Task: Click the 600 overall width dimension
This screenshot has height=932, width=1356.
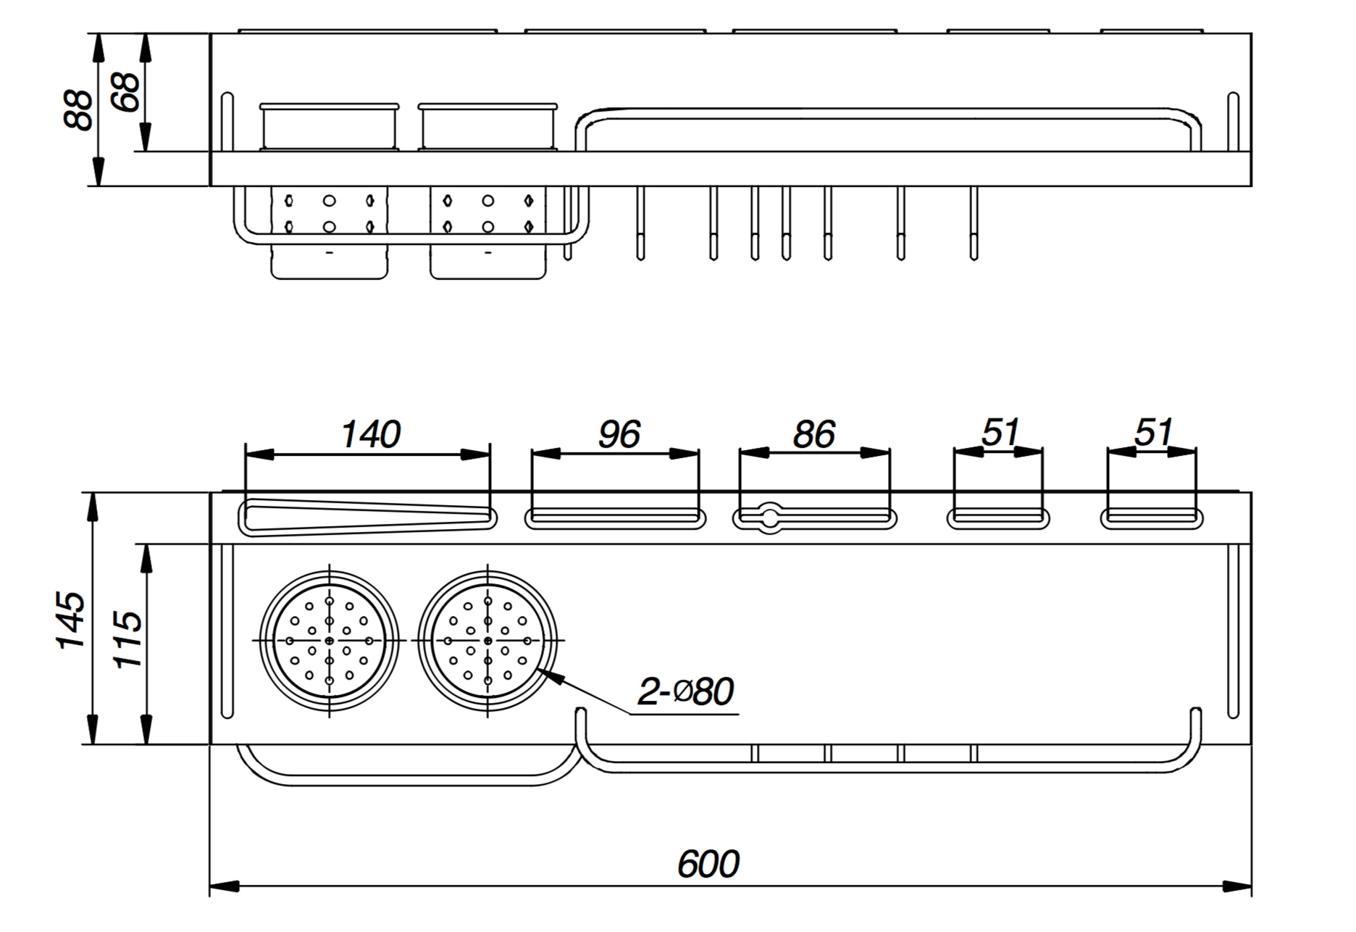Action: click(x=708, y=864)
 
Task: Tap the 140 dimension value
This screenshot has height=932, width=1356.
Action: click(x=370, y=434)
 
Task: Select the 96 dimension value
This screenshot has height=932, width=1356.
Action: click(x=619, y=434)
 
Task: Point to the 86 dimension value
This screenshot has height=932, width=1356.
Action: click(x=814, y=434)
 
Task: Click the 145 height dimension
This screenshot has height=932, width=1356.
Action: click(x=72, y=620)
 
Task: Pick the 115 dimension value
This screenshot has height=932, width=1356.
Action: click(x=128, y=640)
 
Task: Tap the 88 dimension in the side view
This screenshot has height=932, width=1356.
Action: click(x=78, y=110)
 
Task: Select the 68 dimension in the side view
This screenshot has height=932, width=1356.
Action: click(x=127, y=92)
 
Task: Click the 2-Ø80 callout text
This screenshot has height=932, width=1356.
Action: click(x=685, y=691)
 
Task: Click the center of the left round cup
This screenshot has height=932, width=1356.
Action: click(x=330, y=641)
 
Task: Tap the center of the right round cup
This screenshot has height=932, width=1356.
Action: click(x=487, y=641)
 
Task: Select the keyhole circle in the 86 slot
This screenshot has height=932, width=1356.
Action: click(x=769, y=517)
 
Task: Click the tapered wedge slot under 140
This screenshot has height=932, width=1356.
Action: click(x=366, y=517)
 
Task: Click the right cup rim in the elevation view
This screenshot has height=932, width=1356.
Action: click(x=487, y=107)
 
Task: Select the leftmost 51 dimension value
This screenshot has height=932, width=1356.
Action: click(x=1000, y=433)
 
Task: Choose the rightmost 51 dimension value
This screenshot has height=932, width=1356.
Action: click(x=1152, y=433)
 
